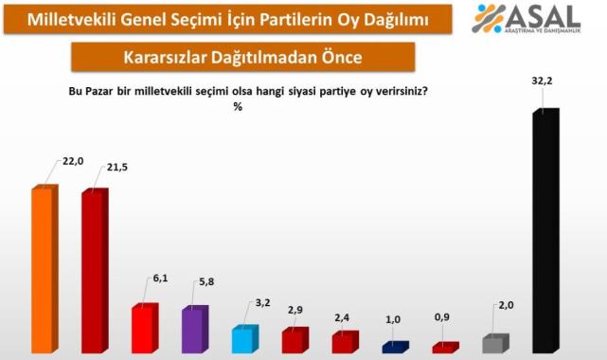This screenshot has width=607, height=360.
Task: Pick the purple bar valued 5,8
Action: tap(194, 330)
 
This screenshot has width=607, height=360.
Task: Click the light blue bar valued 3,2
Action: tap(244, 340)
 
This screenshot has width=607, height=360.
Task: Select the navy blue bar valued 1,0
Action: tap(395, 348)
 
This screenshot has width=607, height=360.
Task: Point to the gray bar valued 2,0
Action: tap(494, 344)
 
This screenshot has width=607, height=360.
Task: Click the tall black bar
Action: tap(545, 232)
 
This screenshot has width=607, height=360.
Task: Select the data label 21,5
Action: tap(121, 168)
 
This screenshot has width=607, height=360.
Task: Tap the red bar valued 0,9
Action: tap(444, 348)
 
